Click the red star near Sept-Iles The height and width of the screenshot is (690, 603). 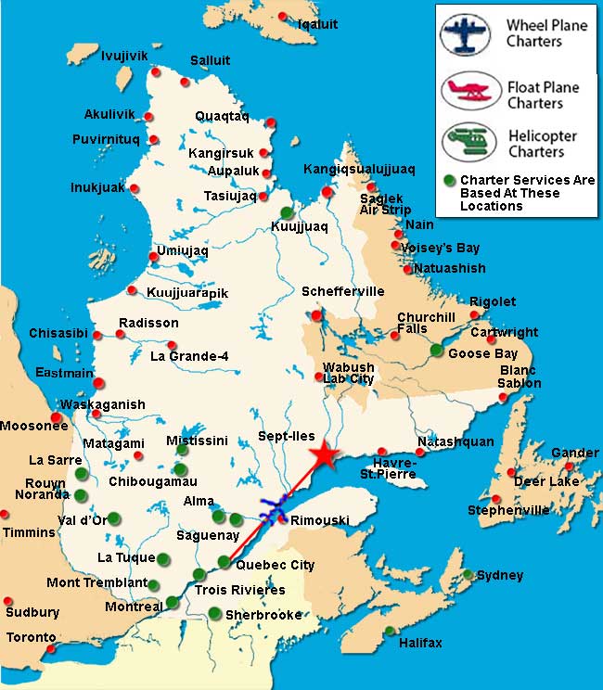323,455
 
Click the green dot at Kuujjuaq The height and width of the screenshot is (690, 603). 288,212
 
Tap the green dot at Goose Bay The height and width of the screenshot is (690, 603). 436,350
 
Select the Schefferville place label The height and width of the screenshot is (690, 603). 342,291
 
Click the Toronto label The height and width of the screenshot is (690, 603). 31,638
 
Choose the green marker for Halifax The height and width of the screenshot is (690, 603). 390,632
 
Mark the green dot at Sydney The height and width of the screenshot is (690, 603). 468,574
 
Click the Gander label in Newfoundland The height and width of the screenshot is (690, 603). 574,453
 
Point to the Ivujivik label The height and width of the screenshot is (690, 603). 124,56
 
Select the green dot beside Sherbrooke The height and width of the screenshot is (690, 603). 215,612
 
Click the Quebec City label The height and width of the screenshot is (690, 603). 275,565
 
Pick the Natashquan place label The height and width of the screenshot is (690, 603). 455,441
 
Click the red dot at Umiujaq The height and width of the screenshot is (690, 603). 154,257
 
